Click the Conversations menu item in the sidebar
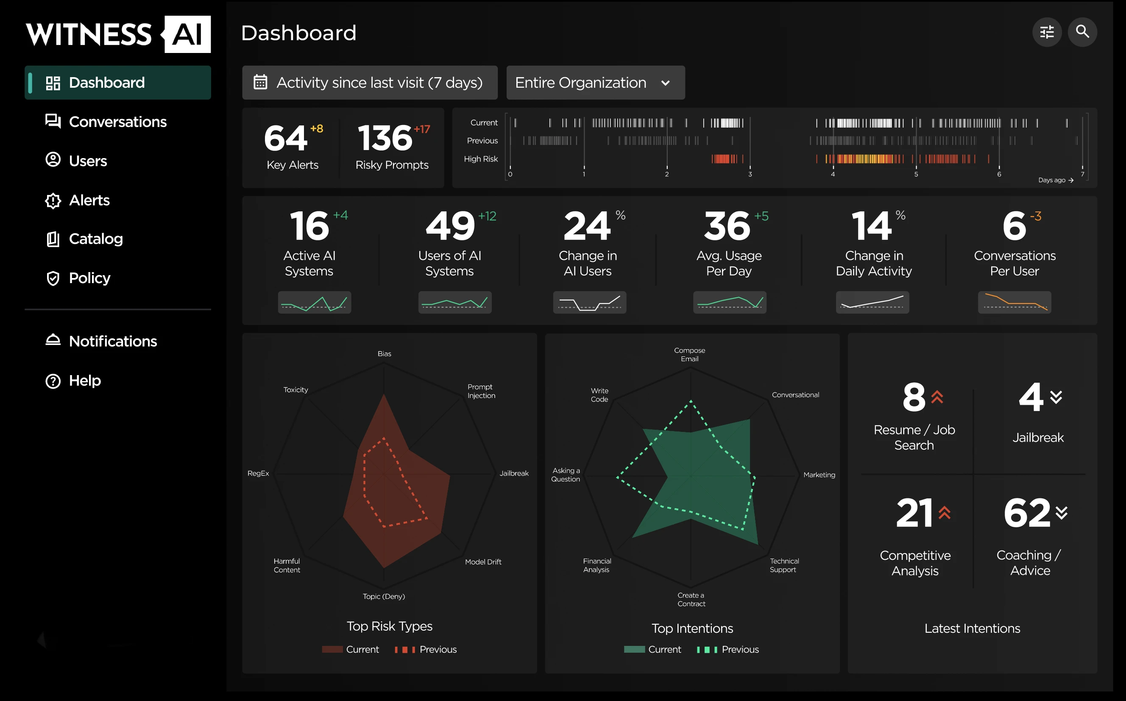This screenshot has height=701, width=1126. (x=117, y=122)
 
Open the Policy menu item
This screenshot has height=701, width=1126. (x=89, y=278)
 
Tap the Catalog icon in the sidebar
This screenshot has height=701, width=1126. (x=53, y=239)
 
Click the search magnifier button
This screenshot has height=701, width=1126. (x=1082, y=32)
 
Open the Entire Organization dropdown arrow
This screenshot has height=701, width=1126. (x=666, y=83)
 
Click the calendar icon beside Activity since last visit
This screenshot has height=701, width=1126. (x=260, y=83)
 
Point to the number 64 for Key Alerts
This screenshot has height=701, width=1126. (x=286, y=138)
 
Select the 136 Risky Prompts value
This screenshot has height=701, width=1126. (x=385, y=138)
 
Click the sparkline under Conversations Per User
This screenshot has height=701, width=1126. (x=1014, y=302)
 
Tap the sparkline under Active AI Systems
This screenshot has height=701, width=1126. (x=315, y=303)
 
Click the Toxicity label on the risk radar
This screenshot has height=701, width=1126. (x=295, y=390)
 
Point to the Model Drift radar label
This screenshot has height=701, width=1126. (x=483, y=562)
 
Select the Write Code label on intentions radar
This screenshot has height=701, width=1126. (x=599, y=395)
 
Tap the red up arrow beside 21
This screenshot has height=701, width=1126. (x=945, y=513)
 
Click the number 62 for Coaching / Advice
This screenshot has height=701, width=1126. (x=1027, y=513)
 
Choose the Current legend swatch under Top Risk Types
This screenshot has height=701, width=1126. (x=332, y=650)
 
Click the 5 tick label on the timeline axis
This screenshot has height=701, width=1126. (x=916, y=174)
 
